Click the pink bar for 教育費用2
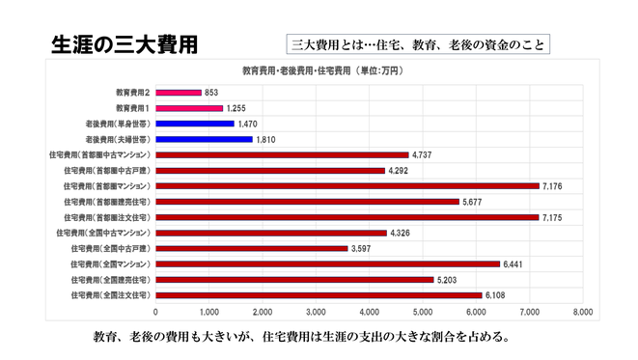[x=179, y=93]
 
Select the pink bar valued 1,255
[x=189, y=108]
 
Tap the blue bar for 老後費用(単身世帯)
[x=195, y=124]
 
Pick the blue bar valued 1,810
[x=204, y=139]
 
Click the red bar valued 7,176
[x=347, y=185]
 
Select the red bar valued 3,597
[x=251, y=248]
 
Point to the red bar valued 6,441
[x=327, y=263]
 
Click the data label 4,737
[x=423, y=154]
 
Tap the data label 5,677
[x=473, y=202]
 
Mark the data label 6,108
[x=496, y=295]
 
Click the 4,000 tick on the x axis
[x=369, y=313]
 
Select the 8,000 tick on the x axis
[x=582, y=313]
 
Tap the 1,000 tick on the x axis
[x=209, y=313]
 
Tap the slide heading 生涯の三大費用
[x=123, y=44]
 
